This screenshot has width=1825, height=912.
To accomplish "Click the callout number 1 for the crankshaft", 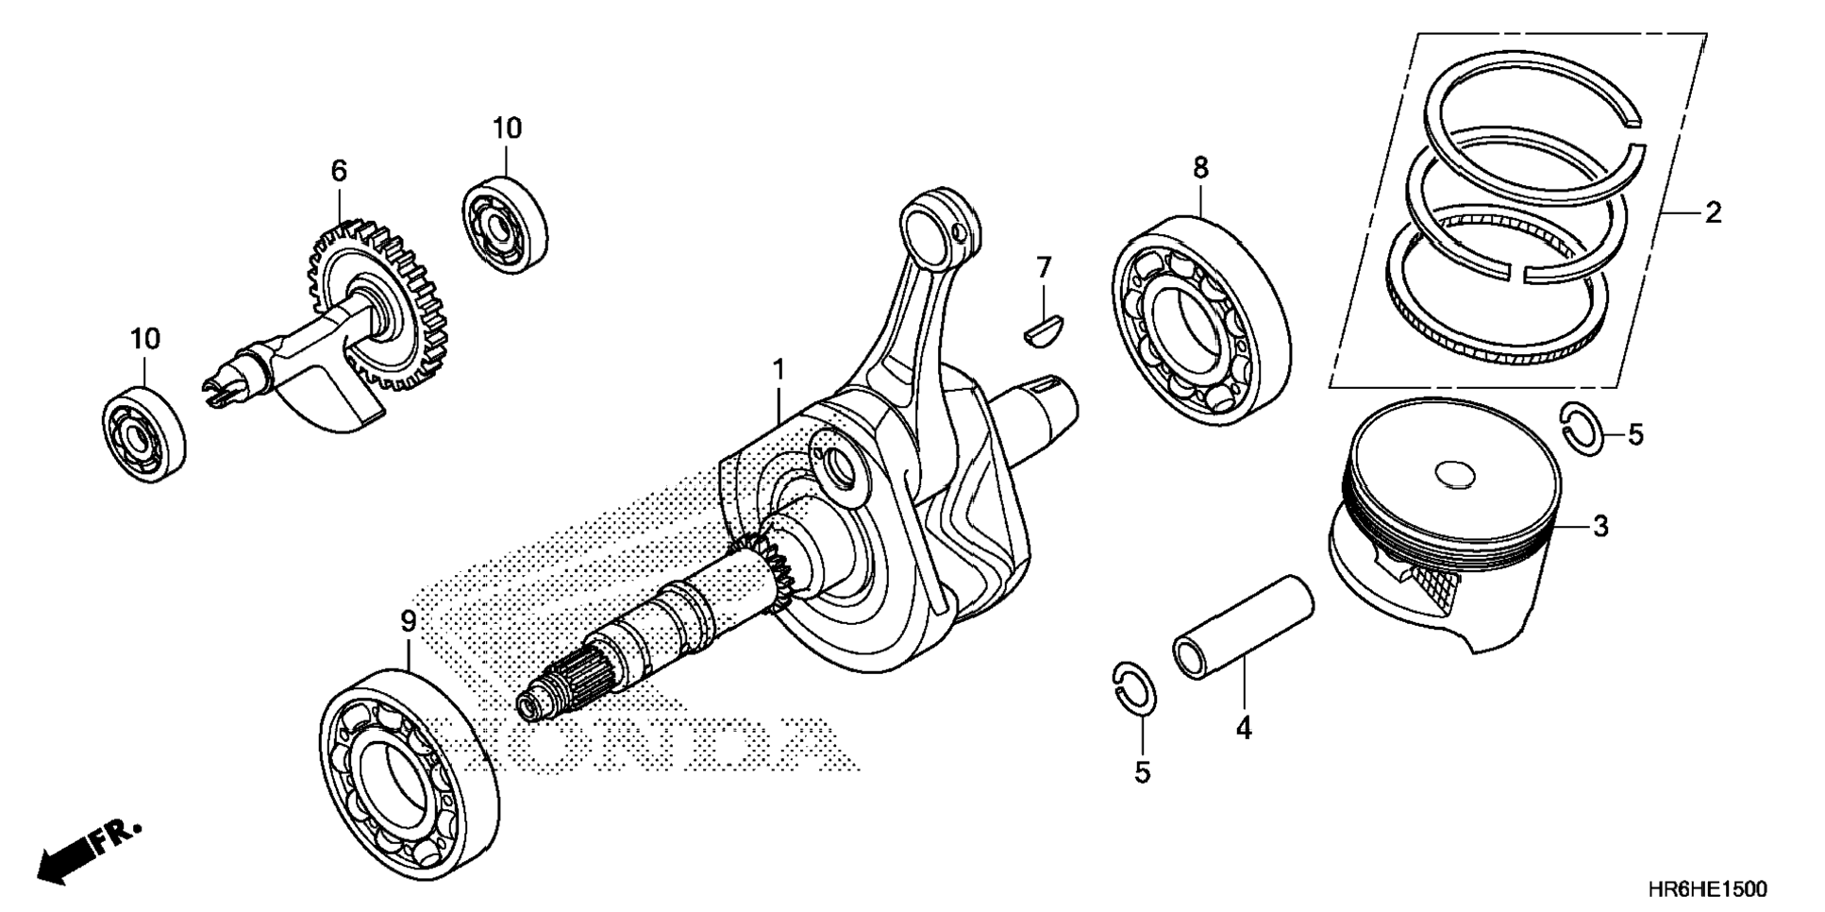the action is pos(779,370).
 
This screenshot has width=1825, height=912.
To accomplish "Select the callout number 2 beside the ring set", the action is pos(1713,212).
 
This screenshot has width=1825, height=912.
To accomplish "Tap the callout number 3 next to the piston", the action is pos(1600,527).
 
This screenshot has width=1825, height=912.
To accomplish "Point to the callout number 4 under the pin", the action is pos(1244,728).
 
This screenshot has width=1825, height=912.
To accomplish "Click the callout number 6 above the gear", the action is pos(339,171).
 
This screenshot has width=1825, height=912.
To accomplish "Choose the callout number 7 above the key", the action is pos(1043,268).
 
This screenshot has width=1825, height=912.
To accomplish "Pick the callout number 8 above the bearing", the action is pos(1199,168).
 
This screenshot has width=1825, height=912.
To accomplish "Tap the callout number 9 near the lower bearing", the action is pos(408,621).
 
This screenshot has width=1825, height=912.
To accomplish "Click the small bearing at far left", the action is pos(143,434).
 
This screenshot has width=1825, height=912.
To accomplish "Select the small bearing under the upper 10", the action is pos(506,225).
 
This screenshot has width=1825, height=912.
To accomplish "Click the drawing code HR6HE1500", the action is pos(1708,889).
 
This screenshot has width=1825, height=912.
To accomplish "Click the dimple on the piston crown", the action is pos(1452,475).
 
